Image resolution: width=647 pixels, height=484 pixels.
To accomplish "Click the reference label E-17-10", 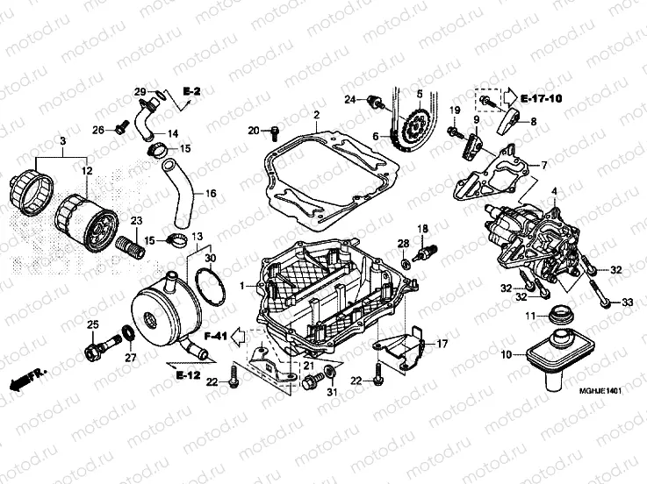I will tap(541, 98).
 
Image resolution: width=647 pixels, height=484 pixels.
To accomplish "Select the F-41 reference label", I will tap(215, 336).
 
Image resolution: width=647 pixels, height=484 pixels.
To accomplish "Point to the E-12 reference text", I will tap(187, 375).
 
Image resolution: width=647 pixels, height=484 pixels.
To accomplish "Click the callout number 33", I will tap(628, 302).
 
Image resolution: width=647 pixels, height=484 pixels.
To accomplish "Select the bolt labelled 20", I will tap(272, 133).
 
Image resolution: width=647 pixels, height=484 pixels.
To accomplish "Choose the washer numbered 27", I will tap(128, 332).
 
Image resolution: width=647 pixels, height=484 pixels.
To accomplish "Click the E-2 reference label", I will tap(192, 91).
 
